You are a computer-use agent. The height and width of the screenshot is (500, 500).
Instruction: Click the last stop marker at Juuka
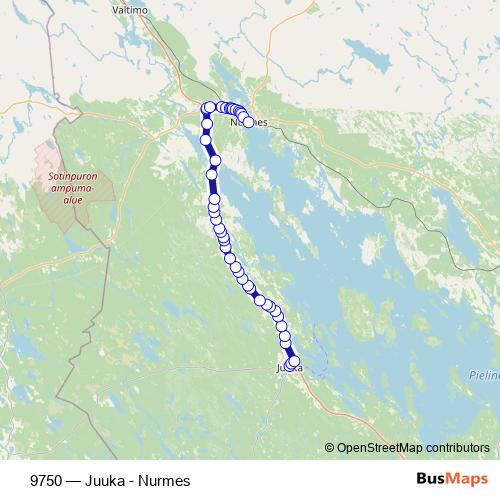tap(293, 362)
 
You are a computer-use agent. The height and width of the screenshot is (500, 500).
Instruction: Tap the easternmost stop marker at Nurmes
tap(248, 122)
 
